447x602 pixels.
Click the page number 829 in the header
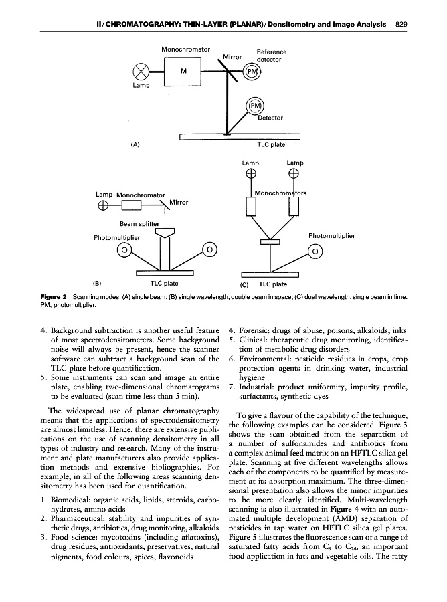pyautogui.click(x=401, y=25)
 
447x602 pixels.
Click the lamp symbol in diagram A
pyautogui.click(x=141, y=72)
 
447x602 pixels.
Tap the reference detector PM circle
pyautogui.click(x=252, y=72)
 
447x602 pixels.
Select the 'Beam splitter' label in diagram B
pyautogui.click(x=140, y=224)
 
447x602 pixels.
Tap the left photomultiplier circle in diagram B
pyautogui.click(x=124, y=250)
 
